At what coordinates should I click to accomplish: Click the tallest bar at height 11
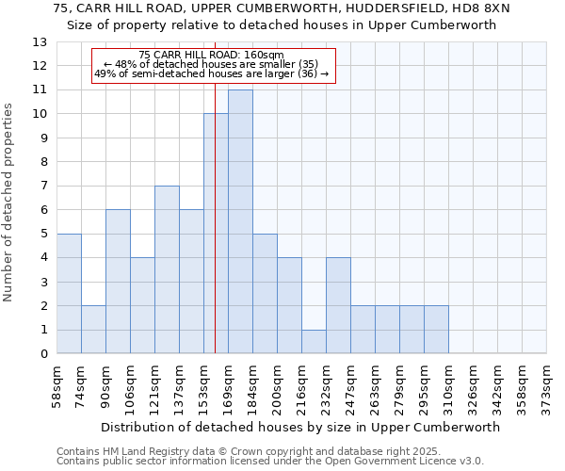point(240,221)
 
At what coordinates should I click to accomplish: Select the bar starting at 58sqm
point(69,293)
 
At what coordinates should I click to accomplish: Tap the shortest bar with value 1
point(314,341)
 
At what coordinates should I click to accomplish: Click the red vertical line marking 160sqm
point(215,235)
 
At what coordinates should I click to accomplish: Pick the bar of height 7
point(167,269)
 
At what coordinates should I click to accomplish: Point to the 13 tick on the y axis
point(40,42)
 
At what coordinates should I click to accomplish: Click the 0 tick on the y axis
point(43,354)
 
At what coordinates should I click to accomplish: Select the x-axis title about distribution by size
point(299,427)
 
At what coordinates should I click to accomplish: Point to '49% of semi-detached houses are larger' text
point(196,73)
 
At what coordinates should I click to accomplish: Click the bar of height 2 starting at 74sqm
point(93,330)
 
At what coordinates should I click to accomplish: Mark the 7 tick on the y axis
point(43,187)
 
